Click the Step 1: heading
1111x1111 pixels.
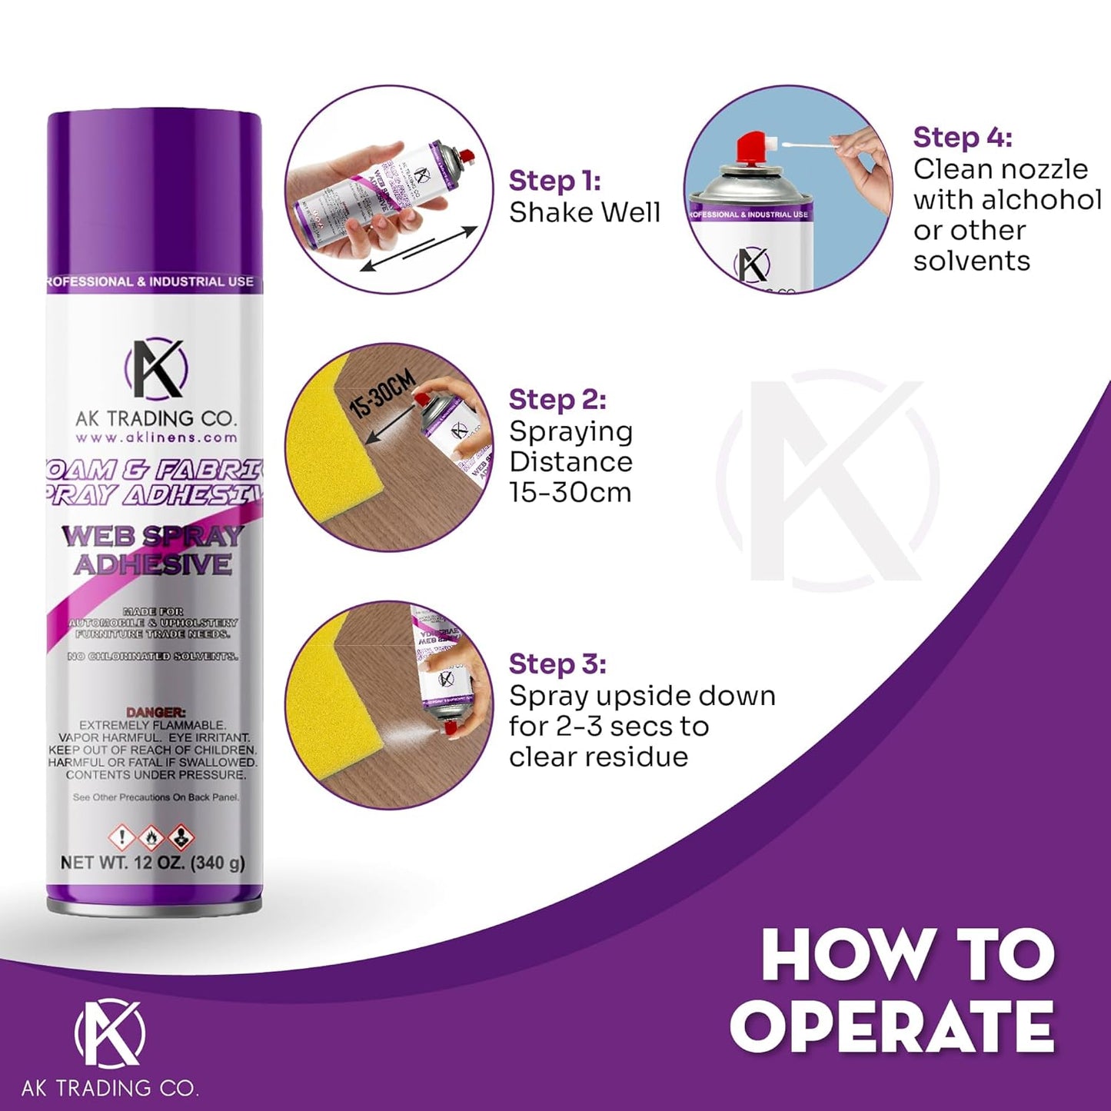[554, 181]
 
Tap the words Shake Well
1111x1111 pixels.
[584, 213]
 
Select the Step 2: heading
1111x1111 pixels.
[557, 400]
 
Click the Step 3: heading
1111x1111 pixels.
[557, 664]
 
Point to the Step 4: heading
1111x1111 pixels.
[963, 138]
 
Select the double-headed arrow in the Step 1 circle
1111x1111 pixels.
[419, 248]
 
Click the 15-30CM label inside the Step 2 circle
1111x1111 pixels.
[382, 394]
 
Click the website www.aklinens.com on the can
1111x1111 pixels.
[156, 437]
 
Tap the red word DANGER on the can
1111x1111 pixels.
[156, 713]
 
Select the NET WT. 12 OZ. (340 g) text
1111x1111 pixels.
[153, 863]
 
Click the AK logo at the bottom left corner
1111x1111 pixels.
[109, 1033]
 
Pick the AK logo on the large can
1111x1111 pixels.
[156, 369]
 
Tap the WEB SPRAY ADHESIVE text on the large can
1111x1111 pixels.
[153, 550]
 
